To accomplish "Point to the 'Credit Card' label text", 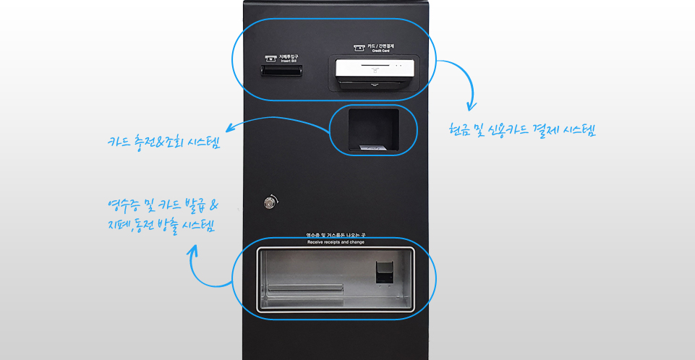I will click(381, 51).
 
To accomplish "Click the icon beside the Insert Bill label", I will click(272, 58).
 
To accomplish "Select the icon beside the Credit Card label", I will click(358, 48).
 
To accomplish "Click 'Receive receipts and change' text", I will click(336, 241).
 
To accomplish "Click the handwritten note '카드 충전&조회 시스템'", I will click(163, 141).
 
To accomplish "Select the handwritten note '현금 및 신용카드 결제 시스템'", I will click(521, 131).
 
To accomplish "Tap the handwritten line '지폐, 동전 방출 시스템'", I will click(161, 225).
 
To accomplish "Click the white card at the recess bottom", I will click(373, 147).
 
